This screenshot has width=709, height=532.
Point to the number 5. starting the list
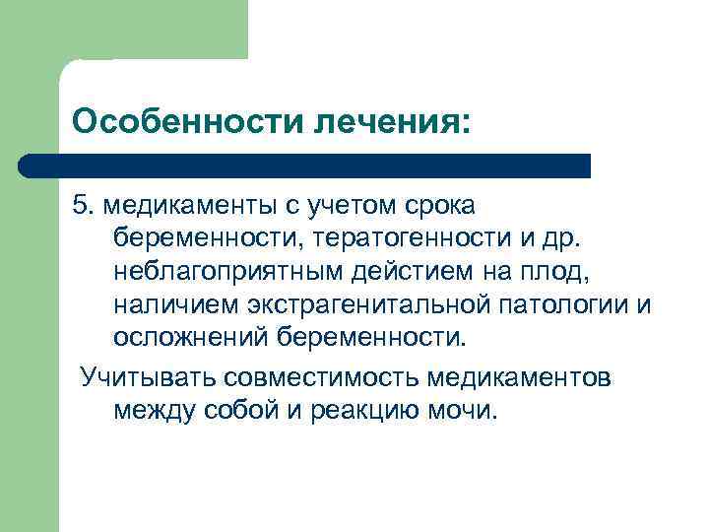pyautogui.click(x=83, y=207)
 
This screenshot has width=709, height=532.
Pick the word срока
pyautogui.click(x=440, y=207)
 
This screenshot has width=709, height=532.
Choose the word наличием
pyautogui.click(x=174, y=304)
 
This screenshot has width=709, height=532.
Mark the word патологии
pyautogui.click(x=561, y=304)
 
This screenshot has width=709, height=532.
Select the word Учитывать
pyautogui.click(x=149, y=377)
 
